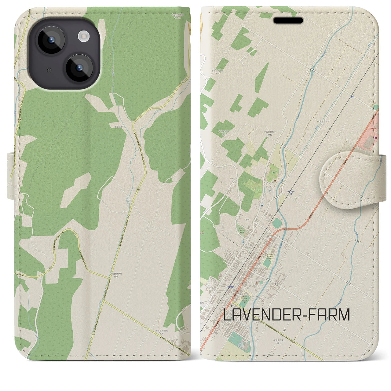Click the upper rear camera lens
point(50,40)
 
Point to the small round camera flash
point(83,37)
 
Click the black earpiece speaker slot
point(288,20)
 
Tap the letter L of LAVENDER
point(228,315)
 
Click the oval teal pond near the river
point(277,222)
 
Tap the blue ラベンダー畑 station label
point(291,192)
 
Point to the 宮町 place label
point(248,219)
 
